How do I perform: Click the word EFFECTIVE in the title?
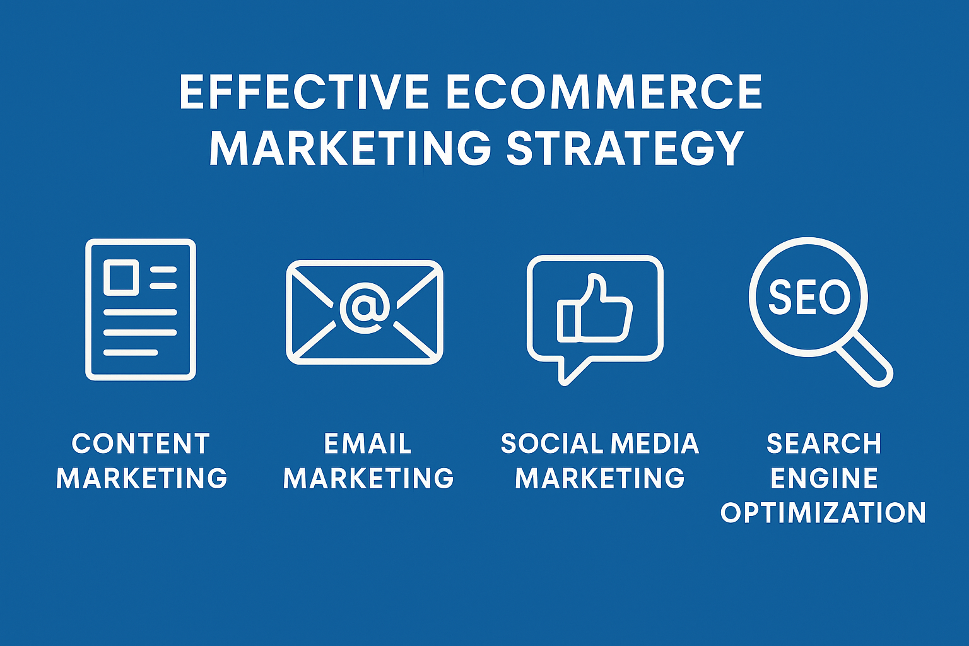[304, 91]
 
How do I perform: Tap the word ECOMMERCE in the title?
[604, 91]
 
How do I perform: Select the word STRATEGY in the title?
[625, 148]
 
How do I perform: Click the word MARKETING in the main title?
[350, 148]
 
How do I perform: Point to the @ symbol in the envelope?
[365, 308]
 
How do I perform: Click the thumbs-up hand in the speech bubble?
[594, 309]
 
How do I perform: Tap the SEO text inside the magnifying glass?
[809, 297]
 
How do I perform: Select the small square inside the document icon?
[121, 278]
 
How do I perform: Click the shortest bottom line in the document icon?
[131, 352]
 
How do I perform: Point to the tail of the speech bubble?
[571, 371]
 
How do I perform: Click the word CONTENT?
[141, 443]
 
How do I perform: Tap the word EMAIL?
[368, 443]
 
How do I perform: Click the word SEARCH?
[824, 443]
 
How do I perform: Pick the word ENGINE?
[824, 478]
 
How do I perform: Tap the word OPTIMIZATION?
[823, 513]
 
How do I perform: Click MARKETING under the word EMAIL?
[368, 478]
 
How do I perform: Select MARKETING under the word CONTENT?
[142, 478]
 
